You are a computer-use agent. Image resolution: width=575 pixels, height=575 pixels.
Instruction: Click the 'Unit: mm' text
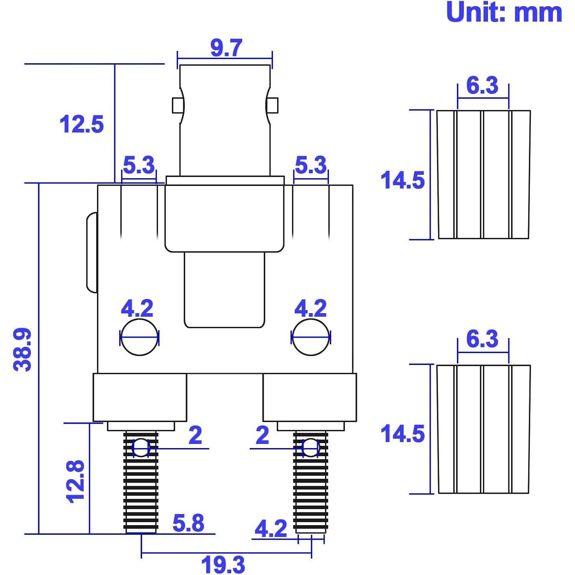point(504,12)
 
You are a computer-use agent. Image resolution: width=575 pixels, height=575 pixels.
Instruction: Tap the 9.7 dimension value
point(226,48)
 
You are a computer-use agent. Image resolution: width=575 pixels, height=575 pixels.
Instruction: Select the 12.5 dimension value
point(82,124)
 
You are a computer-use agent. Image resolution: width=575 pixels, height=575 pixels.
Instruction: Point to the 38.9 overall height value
point(22,349)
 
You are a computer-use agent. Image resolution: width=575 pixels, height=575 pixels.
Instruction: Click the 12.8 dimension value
point(75,481)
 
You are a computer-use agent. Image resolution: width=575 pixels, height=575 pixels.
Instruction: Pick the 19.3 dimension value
point(223,565)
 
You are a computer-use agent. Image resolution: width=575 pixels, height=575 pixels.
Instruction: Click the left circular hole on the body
point(139,337)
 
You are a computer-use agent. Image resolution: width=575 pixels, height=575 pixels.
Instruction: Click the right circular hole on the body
point(310,337)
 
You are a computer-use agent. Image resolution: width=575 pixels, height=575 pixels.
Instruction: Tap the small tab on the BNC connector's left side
point(177,105)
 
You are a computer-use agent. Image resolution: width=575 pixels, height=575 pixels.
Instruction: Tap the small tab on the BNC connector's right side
point(273,105)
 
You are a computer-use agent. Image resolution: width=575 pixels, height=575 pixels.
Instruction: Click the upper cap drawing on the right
point(483,175)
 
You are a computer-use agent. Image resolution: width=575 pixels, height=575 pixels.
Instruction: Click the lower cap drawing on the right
point(483,429)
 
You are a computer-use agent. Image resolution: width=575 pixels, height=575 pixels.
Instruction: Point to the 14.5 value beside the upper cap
point(402,180)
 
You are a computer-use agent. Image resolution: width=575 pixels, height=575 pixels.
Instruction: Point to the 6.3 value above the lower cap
point(482,339)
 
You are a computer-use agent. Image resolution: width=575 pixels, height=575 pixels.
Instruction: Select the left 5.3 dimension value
point(138,165)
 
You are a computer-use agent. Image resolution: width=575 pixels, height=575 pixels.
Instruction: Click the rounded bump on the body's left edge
point(92,253)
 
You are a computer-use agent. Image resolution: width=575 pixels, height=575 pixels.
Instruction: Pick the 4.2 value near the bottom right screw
point(271,529)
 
